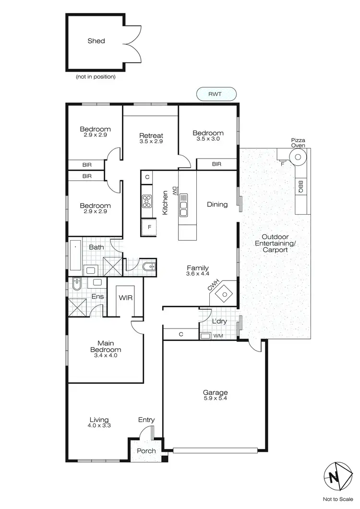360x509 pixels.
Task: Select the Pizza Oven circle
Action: [298, 157]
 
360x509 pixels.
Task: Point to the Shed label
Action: [96, 41]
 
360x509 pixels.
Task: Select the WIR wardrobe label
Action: [126, 298]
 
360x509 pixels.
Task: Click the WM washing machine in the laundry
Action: [206, 336]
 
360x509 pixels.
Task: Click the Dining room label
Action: [217, 205]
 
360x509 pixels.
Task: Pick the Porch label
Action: [146, 451]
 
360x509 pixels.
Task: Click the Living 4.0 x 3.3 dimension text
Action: [98, 425]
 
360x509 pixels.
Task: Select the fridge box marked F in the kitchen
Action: [149, 227]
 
